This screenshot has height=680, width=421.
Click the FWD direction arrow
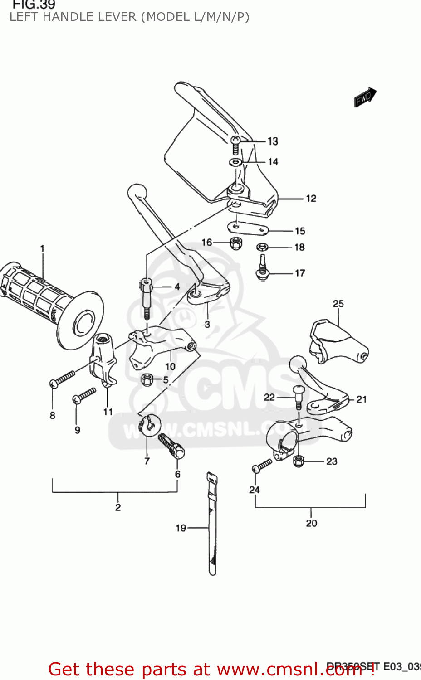[x=365, y=97]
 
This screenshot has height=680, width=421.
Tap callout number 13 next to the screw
[x=273, y=141]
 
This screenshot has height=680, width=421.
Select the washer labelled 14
[x=235, y=162]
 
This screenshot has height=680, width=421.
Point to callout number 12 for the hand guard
[x=311, y=199]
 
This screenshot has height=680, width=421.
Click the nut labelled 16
[x=235, y=243]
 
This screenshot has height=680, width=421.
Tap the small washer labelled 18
[x=262, y=247]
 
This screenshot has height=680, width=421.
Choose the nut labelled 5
[x=147, y=379]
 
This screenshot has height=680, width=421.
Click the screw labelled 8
[x=63, y=379]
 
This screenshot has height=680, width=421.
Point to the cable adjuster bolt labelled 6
[x=171, y=446]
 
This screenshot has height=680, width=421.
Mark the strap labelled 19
[x=212, y=526]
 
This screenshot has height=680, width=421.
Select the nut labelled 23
[x=298, y=461]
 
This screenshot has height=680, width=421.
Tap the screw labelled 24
[x=263, y=466]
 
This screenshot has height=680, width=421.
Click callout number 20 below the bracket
[x=311, y=523]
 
